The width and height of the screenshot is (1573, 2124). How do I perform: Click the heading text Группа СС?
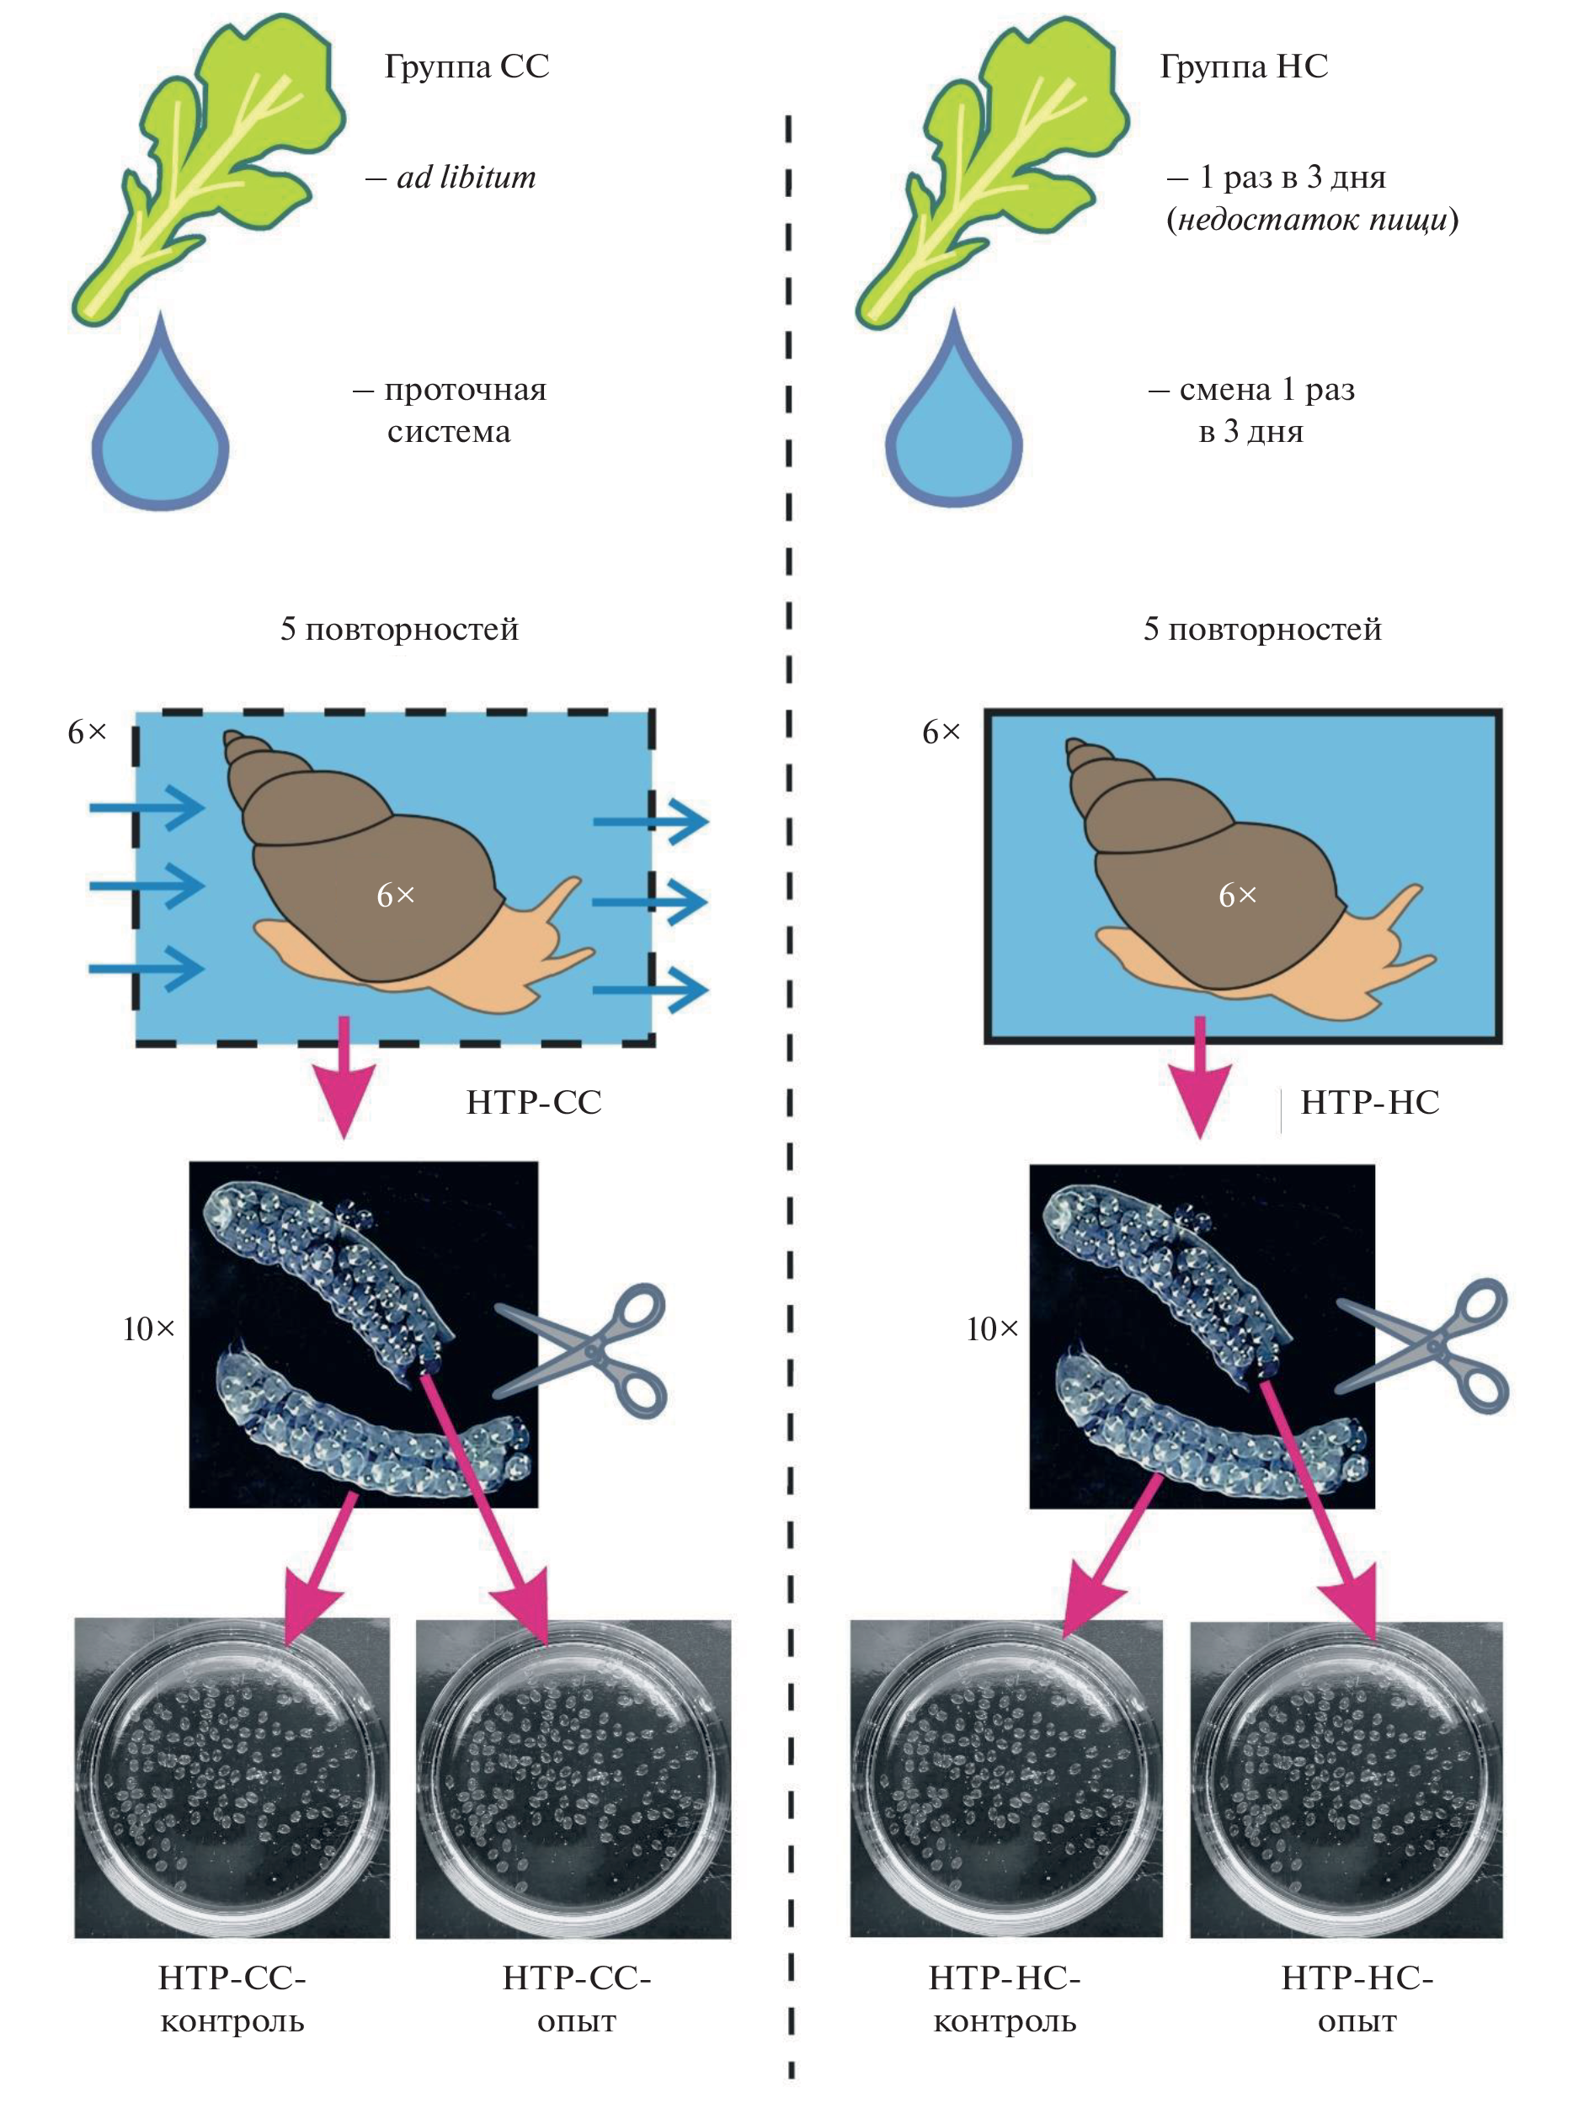[467, 66]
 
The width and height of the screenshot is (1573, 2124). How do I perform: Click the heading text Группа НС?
[1244, 66]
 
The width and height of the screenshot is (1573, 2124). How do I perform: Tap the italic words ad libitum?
[466, 177]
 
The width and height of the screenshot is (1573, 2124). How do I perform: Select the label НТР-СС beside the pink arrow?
[534, 1103]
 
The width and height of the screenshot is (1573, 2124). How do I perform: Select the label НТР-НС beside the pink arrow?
[1369, 1103]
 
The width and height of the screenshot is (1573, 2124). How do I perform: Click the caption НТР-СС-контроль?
[232, 1999]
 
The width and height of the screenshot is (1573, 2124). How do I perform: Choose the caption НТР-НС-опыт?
[1357, 1999]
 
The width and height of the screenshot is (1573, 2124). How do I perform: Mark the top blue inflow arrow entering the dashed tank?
[147, 808]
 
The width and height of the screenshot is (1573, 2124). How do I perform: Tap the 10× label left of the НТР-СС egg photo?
[148, 1329]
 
